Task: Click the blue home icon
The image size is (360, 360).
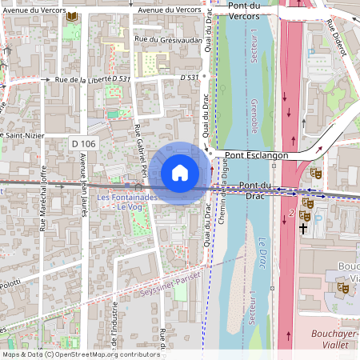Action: click(180, 173)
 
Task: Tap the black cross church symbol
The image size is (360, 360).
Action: click(303, 228)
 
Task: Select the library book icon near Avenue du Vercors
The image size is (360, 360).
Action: click(73, 16)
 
